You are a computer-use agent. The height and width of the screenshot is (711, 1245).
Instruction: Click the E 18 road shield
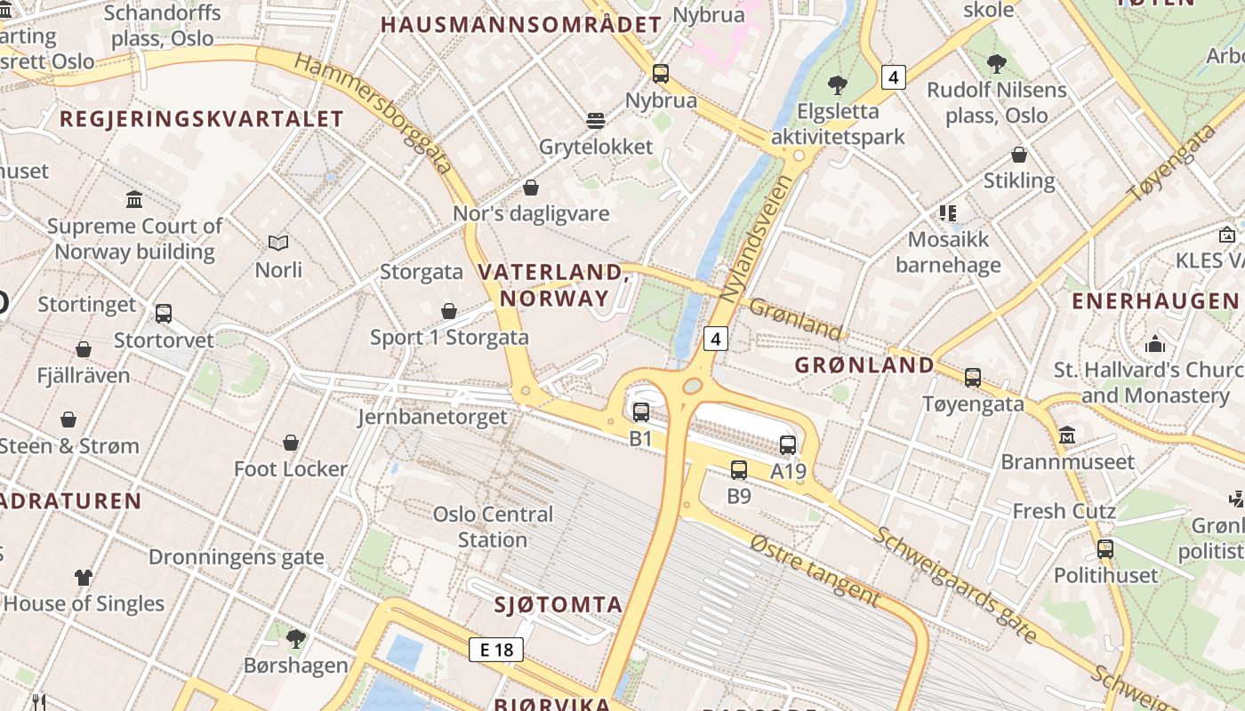(496, 650)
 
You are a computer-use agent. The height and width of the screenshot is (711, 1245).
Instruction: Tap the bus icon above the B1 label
(641, 412)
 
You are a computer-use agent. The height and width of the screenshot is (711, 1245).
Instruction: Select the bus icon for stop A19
(788, 445)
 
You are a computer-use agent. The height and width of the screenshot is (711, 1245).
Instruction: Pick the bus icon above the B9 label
(739, 470)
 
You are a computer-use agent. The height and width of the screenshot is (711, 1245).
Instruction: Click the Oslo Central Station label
(493, 527)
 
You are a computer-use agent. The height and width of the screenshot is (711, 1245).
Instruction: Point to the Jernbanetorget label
(432, 417)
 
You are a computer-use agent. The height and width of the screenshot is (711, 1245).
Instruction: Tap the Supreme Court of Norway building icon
(134, 199)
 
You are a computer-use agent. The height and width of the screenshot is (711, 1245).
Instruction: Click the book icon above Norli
(278, 243)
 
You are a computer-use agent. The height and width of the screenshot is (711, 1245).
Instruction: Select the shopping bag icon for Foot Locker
(291, 443)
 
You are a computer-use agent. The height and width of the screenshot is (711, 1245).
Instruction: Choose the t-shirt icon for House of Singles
(84, 578)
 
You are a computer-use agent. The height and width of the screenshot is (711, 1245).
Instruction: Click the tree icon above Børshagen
(296, 638)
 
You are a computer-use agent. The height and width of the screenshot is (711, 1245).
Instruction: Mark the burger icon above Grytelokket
(596, 120)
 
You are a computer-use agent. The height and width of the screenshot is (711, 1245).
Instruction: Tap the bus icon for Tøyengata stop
(973, 378)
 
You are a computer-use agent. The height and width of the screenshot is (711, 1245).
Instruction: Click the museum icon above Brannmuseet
(1067, 435)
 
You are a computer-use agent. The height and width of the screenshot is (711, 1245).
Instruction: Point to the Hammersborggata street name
(373, 113)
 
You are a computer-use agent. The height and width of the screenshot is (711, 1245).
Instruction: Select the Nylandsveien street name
(755, 238)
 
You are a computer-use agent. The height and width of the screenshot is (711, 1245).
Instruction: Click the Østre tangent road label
(815, 570)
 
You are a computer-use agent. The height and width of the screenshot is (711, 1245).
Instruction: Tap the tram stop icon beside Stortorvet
(164, 314)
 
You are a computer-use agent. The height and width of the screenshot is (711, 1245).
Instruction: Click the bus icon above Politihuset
(1105, 549)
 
